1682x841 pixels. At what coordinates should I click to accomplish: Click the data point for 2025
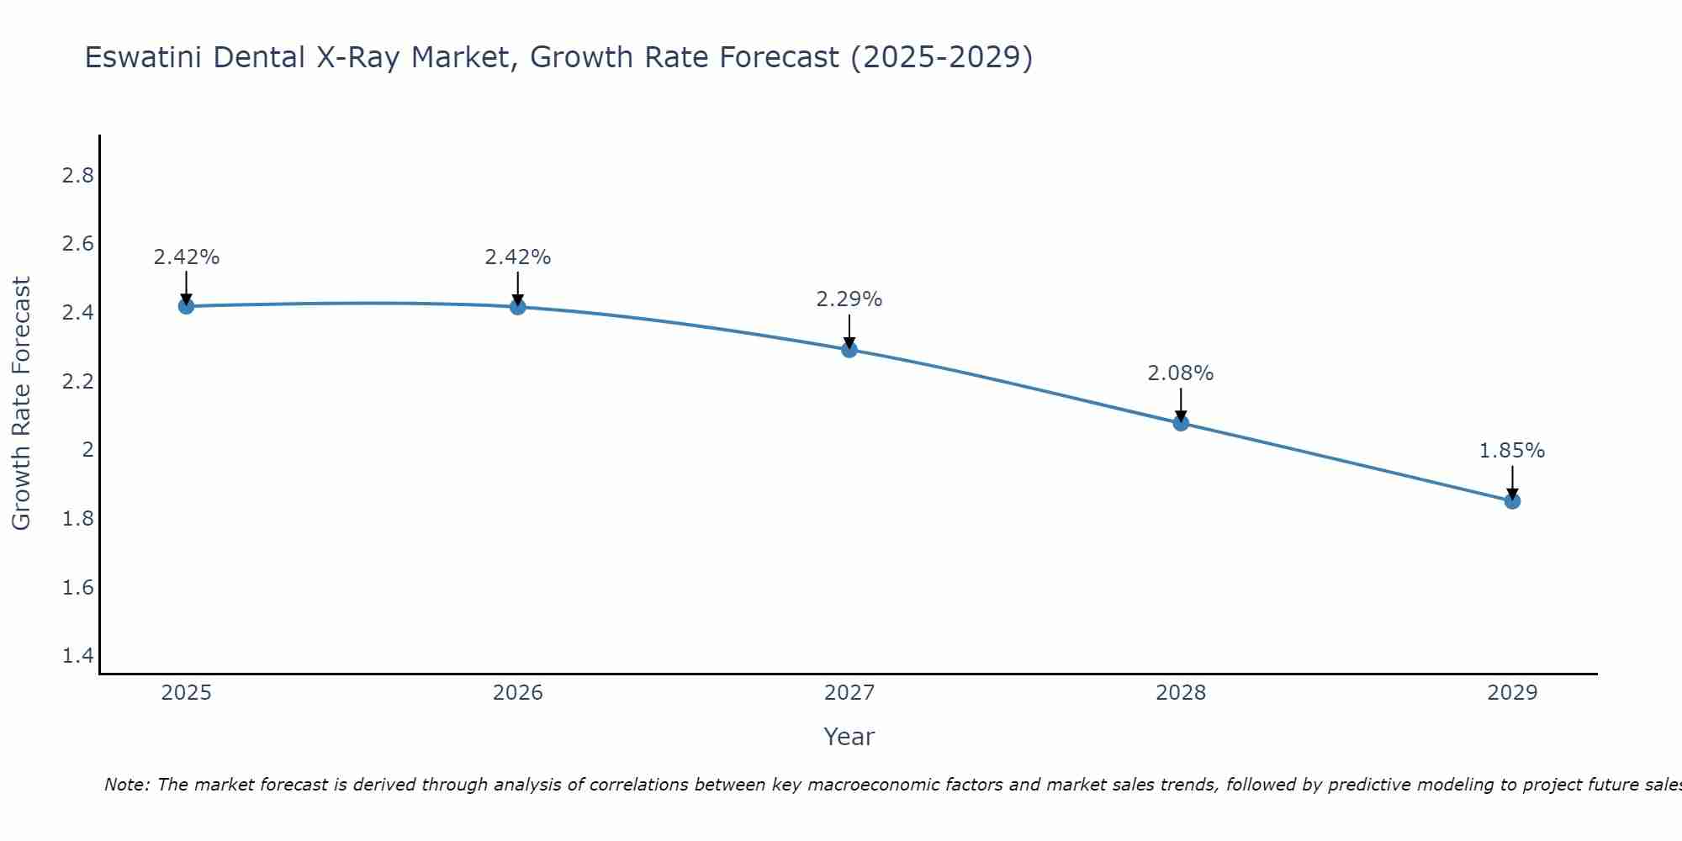click(186, 306)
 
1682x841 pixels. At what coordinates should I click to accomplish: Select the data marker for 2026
click(518, 307)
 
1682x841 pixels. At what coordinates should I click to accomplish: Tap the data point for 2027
click(849, 350)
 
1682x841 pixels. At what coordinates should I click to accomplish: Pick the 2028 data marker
click(1181, 423)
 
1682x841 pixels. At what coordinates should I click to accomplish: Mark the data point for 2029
click(1512, 501)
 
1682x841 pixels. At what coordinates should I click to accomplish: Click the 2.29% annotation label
click(849, 299)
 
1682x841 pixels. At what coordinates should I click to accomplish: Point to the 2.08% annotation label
click(1181, 373)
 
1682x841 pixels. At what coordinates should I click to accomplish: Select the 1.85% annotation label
click(1512, 451)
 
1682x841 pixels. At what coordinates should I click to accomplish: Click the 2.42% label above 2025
click(186, 257)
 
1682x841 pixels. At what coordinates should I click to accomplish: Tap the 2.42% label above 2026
click(518, 257)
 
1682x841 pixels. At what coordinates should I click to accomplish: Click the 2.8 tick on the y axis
click(78, 176)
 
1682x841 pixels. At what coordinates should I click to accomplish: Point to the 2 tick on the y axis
click(87, 450)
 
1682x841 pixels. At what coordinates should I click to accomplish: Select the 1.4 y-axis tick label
click(78, 656)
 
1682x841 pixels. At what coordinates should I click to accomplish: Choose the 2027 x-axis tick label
click(849, 693)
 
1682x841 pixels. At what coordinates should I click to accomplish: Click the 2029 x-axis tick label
click(1512, 693)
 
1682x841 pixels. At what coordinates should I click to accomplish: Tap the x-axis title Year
click(849, 737)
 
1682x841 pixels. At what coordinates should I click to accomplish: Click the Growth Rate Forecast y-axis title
click(21, 404)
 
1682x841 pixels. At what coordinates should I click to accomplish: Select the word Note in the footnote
click(126, 785)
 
